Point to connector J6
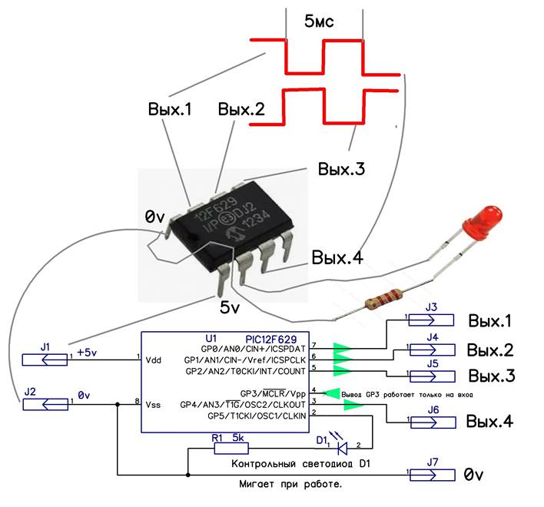pyautogui.click(x=431, y=422)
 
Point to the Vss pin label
pyautogui.click(x=154, y=402)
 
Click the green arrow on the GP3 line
pyautogui.click(x=331, y=392)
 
